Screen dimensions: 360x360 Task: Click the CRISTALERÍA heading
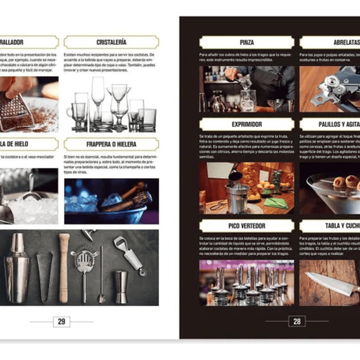click(111, 42)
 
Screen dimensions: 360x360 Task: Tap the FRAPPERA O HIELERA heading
click(111, 144)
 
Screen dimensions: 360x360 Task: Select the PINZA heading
click(246, 42)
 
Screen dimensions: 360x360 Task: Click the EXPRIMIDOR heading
click(246, 124)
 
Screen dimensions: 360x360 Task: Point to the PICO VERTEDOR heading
click(246, 226)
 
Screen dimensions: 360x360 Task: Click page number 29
click(62, 321)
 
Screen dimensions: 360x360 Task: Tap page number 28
click(297, 321)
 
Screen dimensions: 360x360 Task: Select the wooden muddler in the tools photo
click(64, 268)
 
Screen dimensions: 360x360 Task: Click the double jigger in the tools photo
click(121, 286)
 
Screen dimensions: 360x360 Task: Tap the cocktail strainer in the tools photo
click(84, 260)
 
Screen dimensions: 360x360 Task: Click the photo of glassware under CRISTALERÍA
click(111, 104)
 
